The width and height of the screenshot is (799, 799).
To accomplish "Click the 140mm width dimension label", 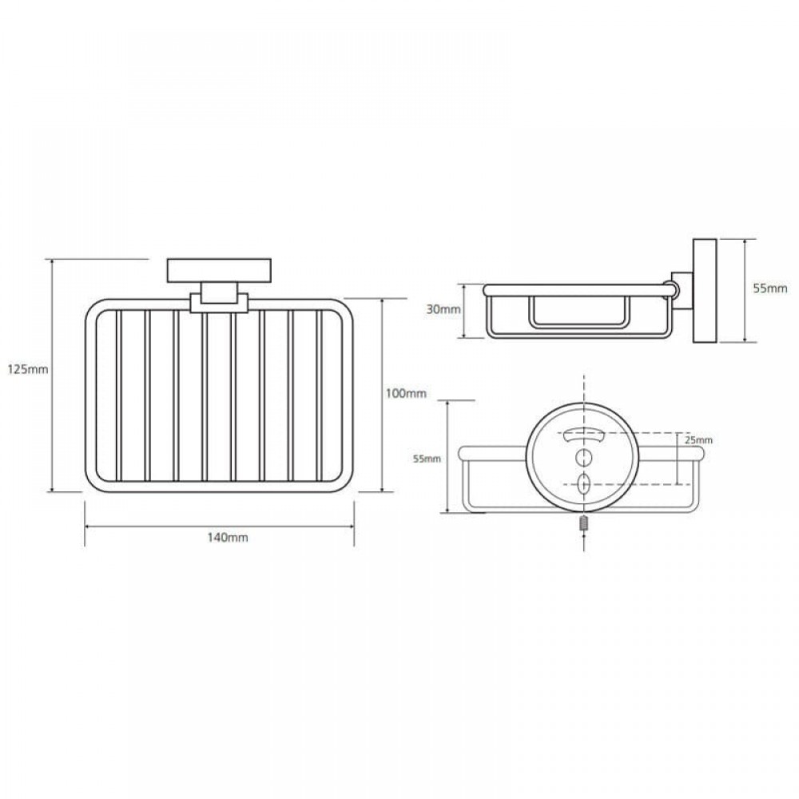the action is click(x=227, y=537).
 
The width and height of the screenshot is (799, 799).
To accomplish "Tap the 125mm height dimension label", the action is click(x=28, y=369).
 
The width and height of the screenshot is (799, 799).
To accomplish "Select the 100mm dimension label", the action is click(x=406, y=393).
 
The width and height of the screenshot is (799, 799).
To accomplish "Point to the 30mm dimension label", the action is click(x=443, y=309).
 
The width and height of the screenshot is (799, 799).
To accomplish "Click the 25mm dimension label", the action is click(x=698, y=440).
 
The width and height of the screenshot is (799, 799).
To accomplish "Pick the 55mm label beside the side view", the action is click(x=770, y=288).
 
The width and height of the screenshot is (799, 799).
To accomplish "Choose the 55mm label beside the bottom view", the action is click(x=427, y=459).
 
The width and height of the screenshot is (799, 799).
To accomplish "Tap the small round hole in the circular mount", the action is click(x=584, y=457).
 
